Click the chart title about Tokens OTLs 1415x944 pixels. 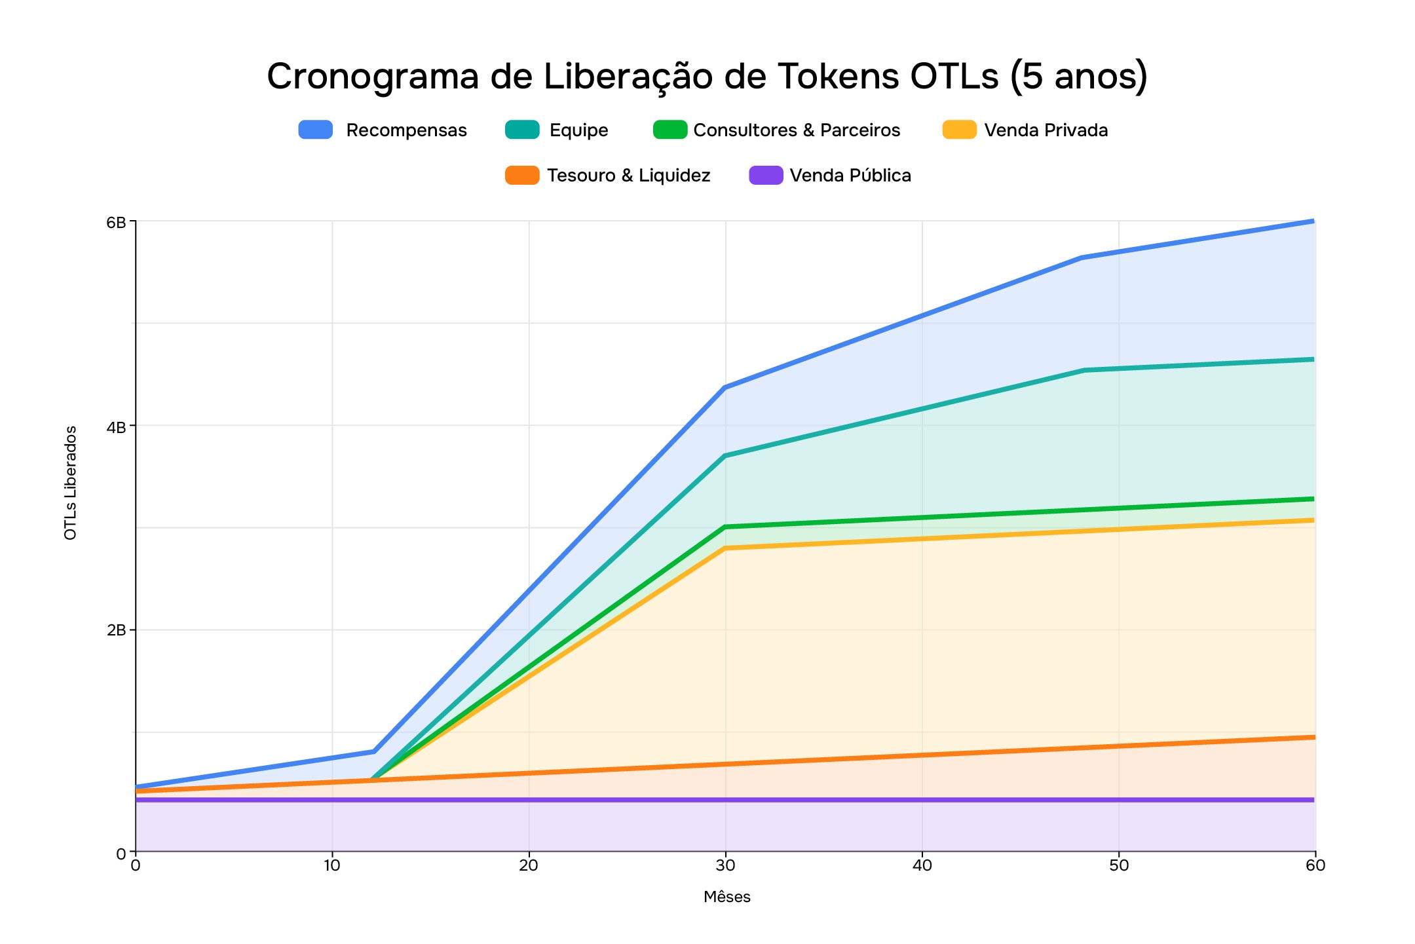tap(707, 76)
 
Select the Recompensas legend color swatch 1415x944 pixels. tap(316, 130)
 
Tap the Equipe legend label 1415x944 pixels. tap(578, 130)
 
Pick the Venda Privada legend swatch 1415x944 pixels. tap(959, 130)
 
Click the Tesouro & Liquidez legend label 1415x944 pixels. tap(628, 176)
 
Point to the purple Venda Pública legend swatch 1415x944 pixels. tap(766, 176)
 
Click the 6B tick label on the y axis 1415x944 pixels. tap(116, 222)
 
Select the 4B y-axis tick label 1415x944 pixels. tap(116, 427)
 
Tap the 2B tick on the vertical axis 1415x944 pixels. tap(116, 630)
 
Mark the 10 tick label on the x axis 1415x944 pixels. tap(332, 865)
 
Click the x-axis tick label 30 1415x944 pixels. tap(725, 865)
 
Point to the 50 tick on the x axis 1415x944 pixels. tap(1119, 865)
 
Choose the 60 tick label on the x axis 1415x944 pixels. tap(1315, 865)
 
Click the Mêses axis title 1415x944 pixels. tap(726, 897)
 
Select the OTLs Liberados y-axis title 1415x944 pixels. tap(71, 483)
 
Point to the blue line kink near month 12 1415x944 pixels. tap(373, 751)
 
